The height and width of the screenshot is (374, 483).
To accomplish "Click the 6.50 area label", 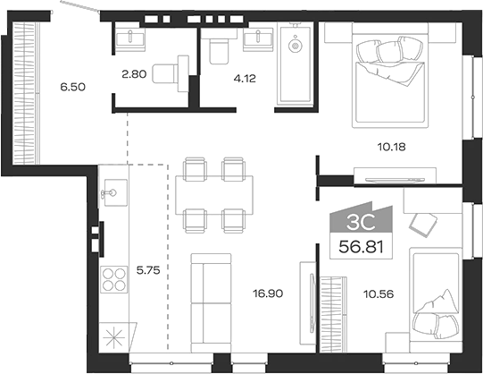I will coord(72,87).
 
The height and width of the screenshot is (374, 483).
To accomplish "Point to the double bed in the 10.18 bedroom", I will coord(389,76).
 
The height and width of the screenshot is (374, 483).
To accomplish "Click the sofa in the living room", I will coord(212,303).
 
